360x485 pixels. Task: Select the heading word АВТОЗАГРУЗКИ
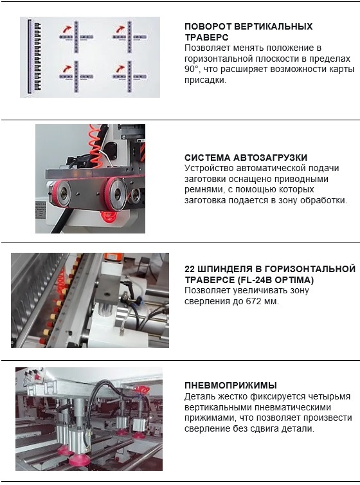[270, 158]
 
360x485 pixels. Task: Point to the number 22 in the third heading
[190, 269]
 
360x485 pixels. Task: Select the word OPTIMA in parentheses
[294, 280]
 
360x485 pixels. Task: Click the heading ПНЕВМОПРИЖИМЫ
[231, 385]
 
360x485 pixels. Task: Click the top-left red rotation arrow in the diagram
[67, 30]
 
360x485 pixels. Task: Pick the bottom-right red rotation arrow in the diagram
[120, 68]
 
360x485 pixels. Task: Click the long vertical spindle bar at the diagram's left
[30, 57]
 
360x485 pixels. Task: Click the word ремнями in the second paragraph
[203, 190]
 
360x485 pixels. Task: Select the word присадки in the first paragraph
[206, 80]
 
